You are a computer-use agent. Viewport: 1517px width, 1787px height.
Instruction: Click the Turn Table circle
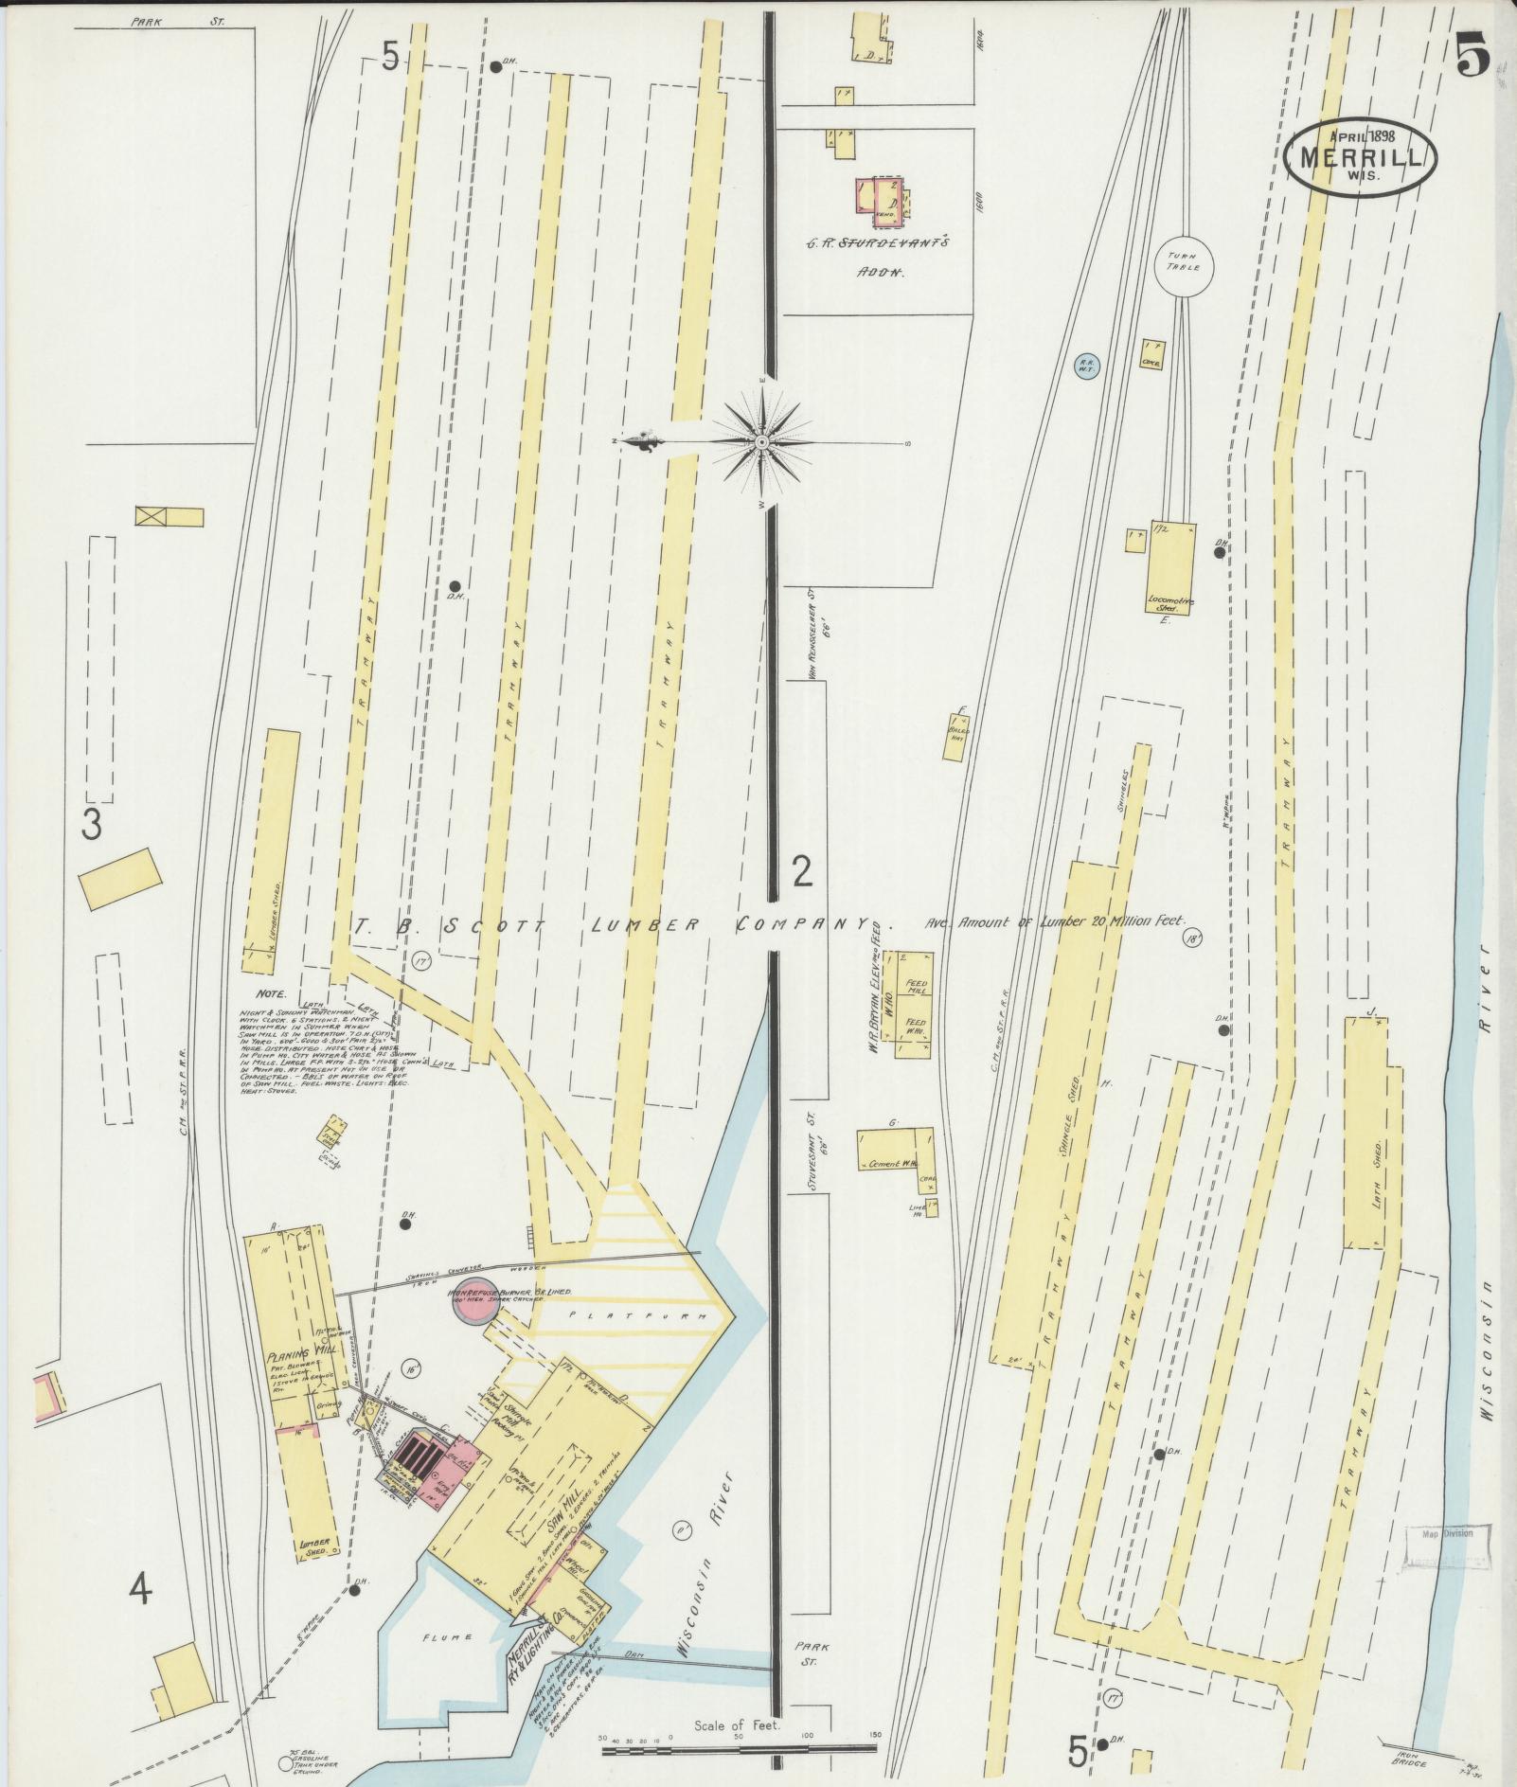[1183, 262]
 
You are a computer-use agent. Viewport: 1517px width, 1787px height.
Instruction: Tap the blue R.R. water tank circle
[1085, 366]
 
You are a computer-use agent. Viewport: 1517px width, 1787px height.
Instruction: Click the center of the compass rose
[761, 442]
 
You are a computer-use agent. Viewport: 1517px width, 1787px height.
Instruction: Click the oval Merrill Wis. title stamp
[1361, 156]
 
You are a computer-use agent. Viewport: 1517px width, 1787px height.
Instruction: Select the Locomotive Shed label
[1170, 602]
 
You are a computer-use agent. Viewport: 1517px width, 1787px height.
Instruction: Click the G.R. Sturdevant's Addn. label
[879, 257]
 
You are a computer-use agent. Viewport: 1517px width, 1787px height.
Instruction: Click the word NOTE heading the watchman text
[270, 995]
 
